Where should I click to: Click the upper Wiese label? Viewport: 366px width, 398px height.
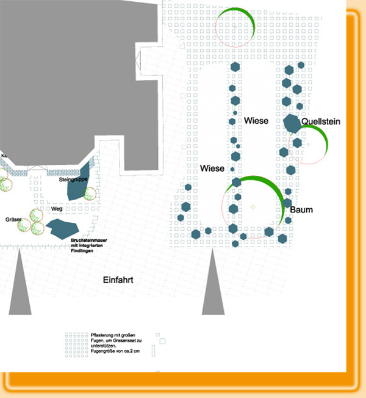coord(256,121)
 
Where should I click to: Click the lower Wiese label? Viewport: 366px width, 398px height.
coord(212,167)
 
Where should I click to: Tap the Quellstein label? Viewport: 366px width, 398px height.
coord(321,122)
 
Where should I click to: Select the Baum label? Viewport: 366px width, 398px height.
coord(301,210)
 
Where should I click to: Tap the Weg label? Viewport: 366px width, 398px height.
coord(57,209)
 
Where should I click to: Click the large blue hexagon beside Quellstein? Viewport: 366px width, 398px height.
coord(292,123)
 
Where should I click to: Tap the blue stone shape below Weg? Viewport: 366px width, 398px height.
coord(62,228)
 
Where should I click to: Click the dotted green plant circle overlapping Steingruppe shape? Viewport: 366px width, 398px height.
coord(90,194)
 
